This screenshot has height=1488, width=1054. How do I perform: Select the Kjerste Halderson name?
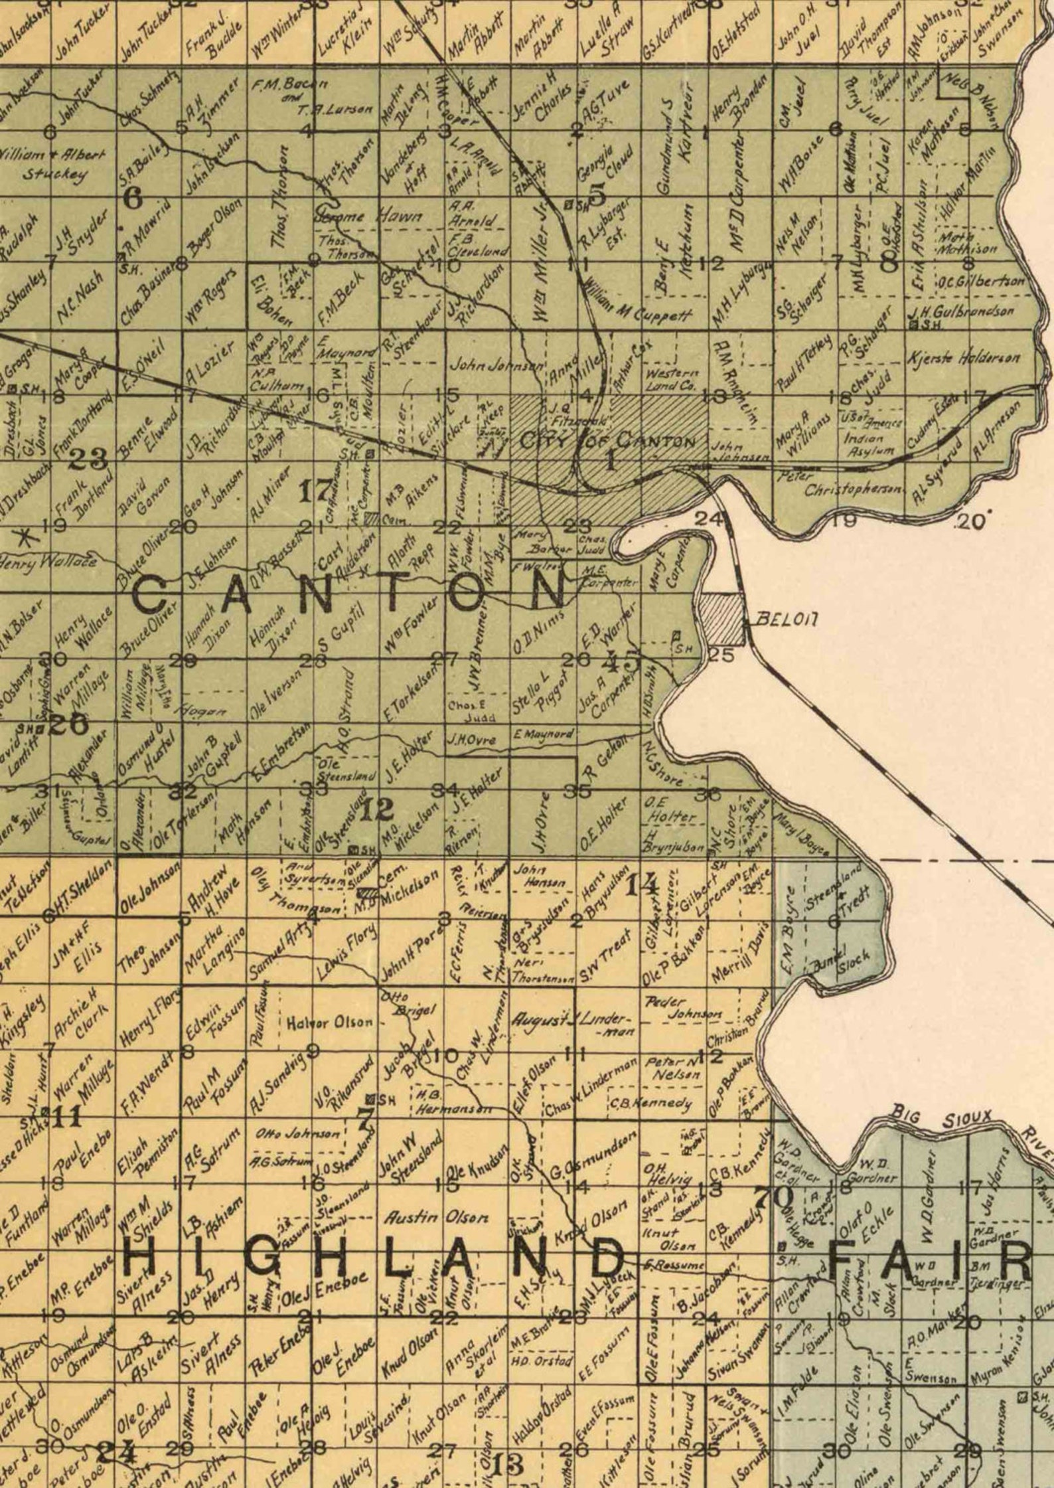(x=963, y=359)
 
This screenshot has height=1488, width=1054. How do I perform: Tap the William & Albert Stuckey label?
(x=53, y=165)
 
